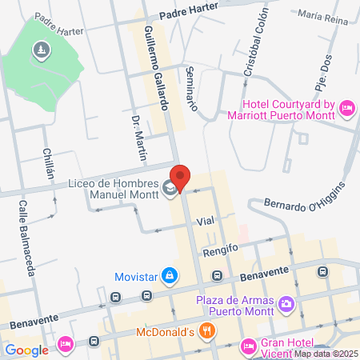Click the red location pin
tap(181, 178)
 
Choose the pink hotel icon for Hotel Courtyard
tap(347, 106)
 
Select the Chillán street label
tap(48, 164)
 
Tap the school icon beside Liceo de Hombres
tap(169, 190)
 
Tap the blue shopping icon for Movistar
tap(169, 277)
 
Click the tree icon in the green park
tap(40, 51)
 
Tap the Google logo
tap(26, 350)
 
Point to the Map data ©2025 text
tap(326, 354)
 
